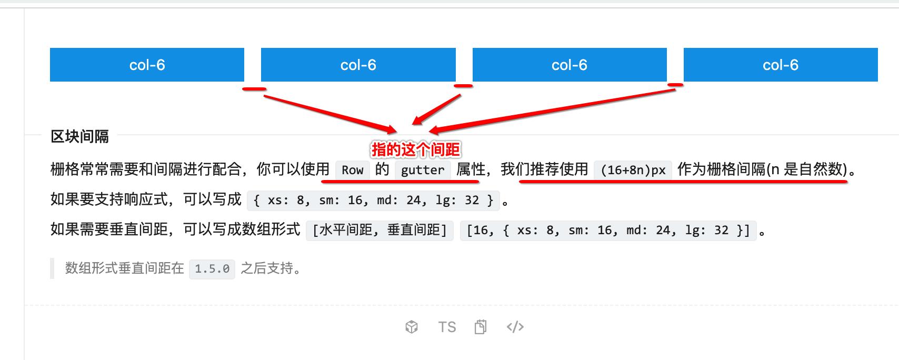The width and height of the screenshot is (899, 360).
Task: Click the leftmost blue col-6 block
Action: point(147,65)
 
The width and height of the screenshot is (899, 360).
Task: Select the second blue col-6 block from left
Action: point(358,65)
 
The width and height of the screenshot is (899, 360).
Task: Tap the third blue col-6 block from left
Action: point(569,65)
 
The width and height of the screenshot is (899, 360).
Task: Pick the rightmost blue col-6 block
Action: point(780,65)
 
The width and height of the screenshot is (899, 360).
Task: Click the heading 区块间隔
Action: point(79,137)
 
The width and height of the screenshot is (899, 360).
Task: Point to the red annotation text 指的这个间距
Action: point(416,150)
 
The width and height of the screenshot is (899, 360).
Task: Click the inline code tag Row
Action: point(352,170)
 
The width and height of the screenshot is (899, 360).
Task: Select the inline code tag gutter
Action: point(423,170)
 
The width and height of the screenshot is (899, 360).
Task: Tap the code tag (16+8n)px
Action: point(633,170)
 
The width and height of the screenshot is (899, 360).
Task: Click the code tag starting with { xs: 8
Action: point(373,201)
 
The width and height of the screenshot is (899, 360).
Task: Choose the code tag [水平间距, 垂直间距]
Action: point(379,231)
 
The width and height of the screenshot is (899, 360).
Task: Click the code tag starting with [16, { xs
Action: point(608,231)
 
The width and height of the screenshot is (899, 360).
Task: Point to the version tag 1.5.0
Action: point(212,269)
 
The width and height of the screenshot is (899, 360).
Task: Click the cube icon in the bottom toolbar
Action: point(412,327)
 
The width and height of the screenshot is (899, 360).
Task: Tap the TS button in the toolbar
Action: point(447,327)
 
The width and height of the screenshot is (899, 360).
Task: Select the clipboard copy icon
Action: point(481,327)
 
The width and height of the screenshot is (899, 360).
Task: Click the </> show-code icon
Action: point(515,327)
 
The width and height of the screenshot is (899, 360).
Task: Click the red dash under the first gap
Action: point(254,89)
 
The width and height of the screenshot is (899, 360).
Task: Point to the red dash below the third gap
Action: point(675,84)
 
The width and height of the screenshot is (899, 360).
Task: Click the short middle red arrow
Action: point(436,110)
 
